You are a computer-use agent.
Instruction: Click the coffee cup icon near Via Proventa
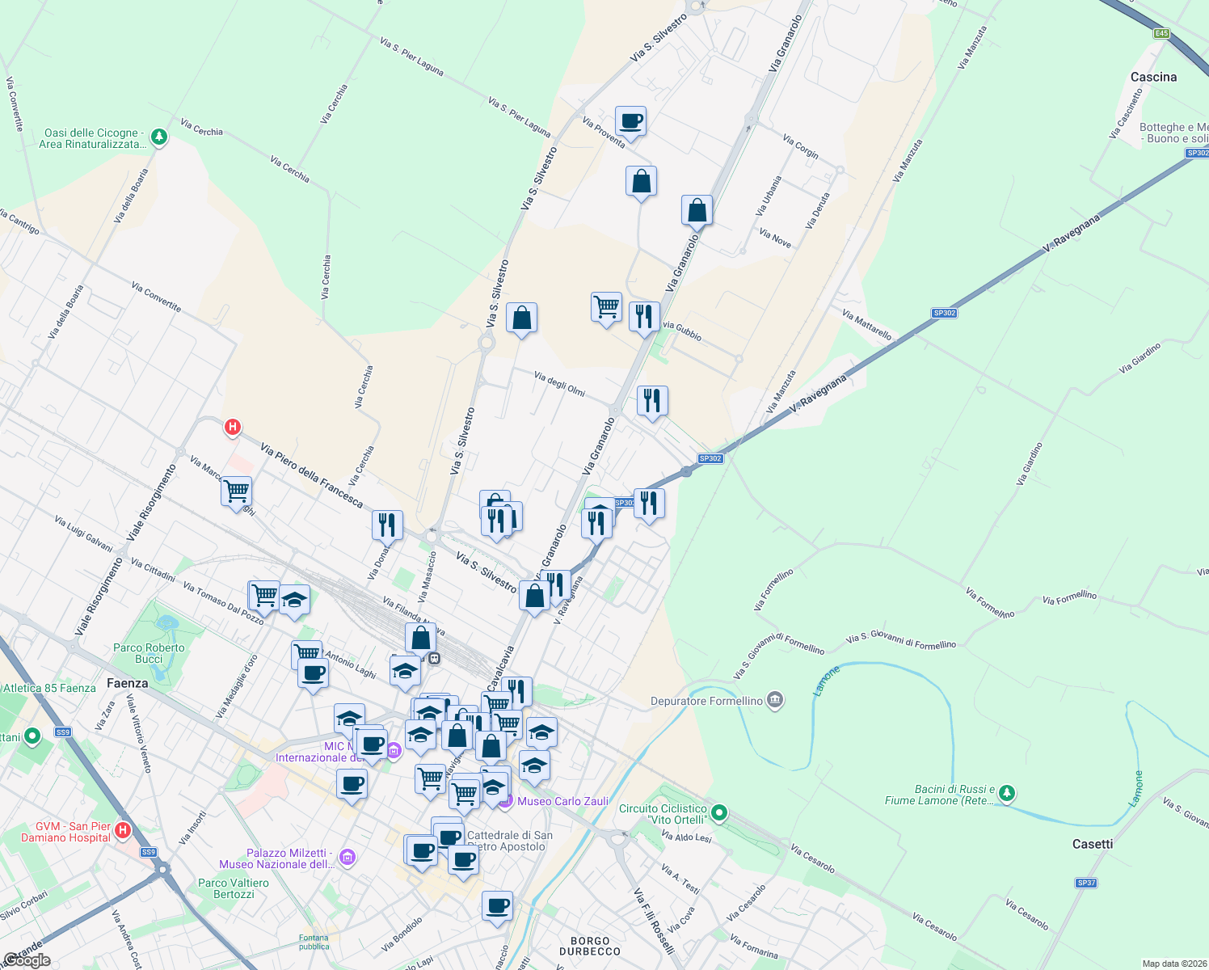pyautogui.click(x=630, y=121)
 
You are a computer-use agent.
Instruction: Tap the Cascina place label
pyautogui.click(x=1153, y=77)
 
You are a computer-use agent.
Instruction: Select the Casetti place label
pyautogui.click(x=1092, y=844)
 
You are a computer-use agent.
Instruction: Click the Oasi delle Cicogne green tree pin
pyautogui.click(x=159, y=137)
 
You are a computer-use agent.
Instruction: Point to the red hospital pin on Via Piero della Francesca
pyautogui.click(x=233, y=427)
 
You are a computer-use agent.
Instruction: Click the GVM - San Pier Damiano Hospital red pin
pyautogui.click(x=123, y=829)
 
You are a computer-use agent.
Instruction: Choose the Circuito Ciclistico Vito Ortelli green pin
pyautogui.click(x=719, y=812)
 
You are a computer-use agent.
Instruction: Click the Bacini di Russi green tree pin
pyautogui.click(x=1006, y=793)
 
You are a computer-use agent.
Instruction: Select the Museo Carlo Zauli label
pyautogui.click(x=562, y=801)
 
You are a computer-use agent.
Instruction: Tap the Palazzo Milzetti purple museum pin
pyautogui.click(x=348, y=857)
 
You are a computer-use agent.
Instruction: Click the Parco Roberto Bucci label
pyautogui.click(x=149, y=653)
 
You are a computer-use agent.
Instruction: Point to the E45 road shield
pyautogui.click(x=1161, y=33)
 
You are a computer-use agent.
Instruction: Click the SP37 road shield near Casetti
pyautogui.click(x=1086, y=883)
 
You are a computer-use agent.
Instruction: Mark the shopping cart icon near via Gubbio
pyautogui.click(x=606, y=307)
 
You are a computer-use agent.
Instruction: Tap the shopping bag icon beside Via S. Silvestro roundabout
pyautogui.click(x=522, y=318)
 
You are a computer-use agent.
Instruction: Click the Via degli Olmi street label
pyautogui.click(x=559, y=384)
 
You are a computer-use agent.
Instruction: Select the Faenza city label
pyautogui.click(x=128, y=683)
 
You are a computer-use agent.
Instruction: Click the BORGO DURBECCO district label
pyautogui.click(x=590, y=946)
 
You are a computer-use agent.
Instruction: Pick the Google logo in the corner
pyautogui.click(x=27, y=960)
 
